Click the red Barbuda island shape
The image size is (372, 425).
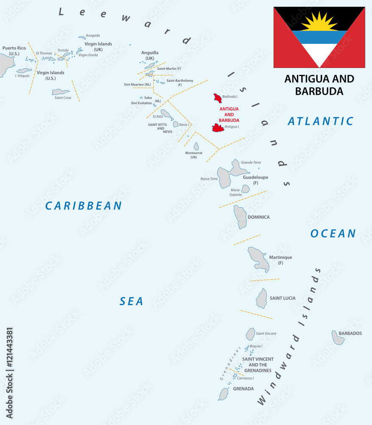tap(218, 98)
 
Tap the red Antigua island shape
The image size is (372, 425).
tap(218, 128)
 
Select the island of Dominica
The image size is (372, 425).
tap(240, 216)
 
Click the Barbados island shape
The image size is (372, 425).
tap(338, 338)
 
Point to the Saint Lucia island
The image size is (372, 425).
tap(261, 298)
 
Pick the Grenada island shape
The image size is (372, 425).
tap(224, 394)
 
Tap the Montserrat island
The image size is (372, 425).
tap(196, 147)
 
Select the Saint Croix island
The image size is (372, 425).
tap(61, 92)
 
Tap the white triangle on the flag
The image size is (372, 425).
tap(319, 54)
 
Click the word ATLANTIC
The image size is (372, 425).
tap(320, 121)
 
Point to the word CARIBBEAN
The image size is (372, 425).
tap(84, 206)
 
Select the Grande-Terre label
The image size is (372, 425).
tap(251, 162)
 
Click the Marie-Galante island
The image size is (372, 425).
tap(245, 189)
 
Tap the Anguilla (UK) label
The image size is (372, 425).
tap(150, 56)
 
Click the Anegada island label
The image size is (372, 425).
tap(92, 35)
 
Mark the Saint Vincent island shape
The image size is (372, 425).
tap(250, 334)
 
